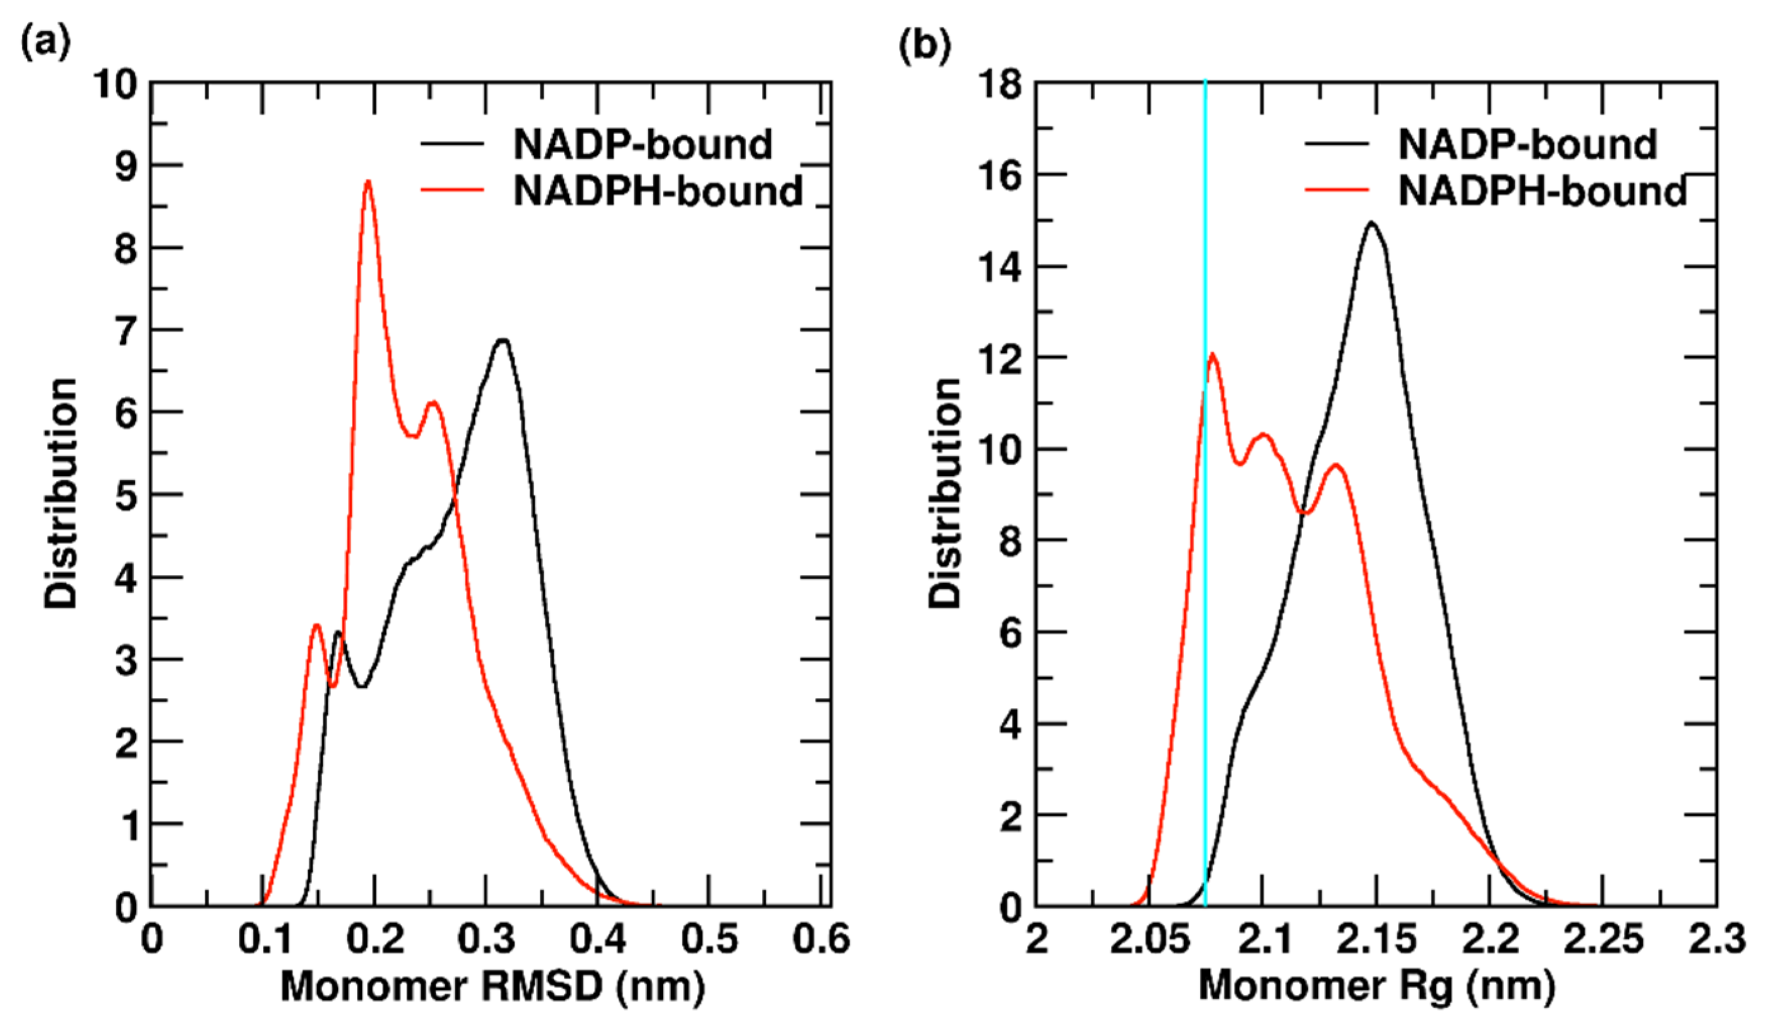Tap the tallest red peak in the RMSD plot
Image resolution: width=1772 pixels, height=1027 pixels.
click(367, 182)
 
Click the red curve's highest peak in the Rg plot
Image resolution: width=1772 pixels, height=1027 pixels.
click(1212, 354)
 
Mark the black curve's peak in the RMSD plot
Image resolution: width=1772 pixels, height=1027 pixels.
click(502, 340)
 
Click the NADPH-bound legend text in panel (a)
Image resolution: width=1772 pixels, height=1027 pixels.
click(657, 191)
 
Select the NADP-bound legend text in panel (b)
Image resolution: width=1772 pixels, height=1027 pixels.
click(1527, 145)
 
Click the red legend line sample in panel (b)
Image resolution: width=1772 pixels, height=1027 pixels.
click(1337, 190)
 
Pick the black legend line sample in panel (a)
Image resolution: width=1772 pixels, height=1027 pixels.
click(452, 144)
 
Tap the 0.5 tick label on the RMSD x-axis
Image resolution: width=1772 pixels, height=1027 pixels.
click(709, 940)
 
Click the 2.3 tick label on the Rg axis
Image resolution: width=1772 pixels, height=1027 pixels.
click(1717, 940)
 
